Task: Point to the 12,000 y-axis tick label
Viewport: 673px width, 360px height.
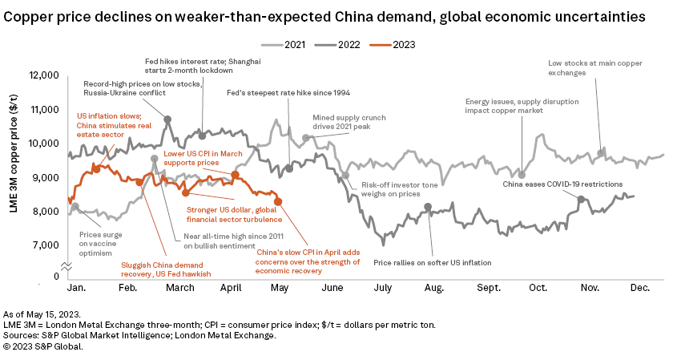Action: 42,75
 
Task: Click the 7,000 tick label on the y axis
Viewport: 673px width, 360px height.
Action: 46,245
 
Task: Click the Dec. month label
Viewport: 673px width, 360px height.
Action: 639,287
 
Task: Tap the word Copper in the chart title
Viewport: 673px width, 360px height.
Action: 30,16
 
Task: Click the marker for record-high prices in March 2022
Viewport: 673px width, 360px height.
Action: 167,119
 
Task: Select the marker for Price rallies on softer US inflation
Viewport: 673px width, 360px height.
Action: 428,207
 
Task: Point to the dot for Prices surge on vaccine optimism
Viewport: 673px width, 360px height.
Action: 75,207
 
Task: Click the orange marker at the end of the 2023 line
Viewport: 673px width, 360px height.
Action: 278,201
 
